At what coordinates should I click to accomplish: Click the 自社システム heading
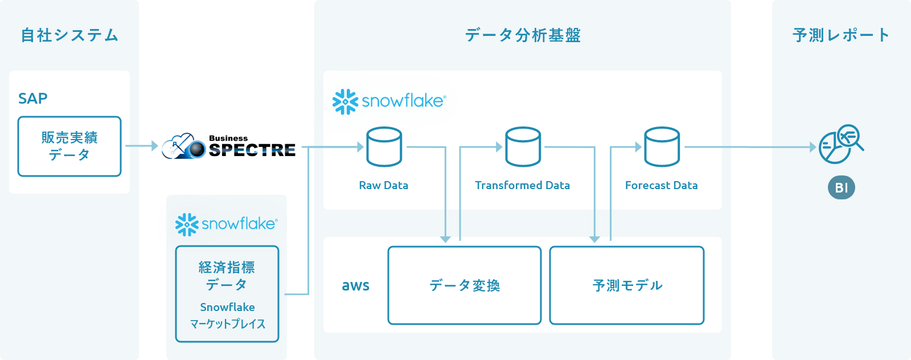(x=69, y=35)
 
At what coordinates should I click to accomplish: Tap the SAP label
(x=33, y=99)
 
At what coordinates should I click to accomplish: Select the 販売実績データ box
(x=69, y=146)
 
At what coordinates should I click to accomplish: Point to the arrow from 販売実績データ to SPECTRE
(x=141, y=146)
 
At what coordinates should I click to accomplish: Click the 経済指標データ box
(x=227, y=293)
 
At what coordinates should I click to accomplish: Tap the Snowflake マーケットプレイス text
(x=227, y=316)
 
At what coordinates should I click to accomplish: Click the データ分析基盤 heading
(x=523, y=35)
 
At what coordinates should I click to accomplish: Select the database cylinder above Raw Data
(x=384, y=146)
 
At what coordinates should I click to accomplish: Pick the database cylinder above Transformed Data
(x=523, y=146)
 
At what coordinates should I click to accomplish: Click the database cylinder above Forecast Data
(x=662, y=146)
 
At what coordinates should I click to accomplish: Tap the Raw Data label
(x=384, y=185)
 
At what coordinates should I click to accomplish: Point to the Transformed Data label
(x=523, y=185)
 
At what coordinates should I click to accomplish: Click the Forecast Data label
(x=662, y=185)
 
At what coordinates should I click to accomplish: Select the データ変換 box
(x=465, y=285)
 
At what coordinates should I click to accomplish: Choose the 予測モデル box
(x=627, y=285)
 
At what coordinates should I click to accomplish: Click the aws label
(x=356, y=285)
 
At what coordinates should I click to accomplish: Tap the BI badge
(x=842, y=187)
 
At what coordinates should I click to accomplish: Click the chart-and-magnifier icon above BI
(x=840, y=145)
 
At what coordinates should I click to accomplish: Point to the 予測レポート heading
(x=841, y=35)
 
